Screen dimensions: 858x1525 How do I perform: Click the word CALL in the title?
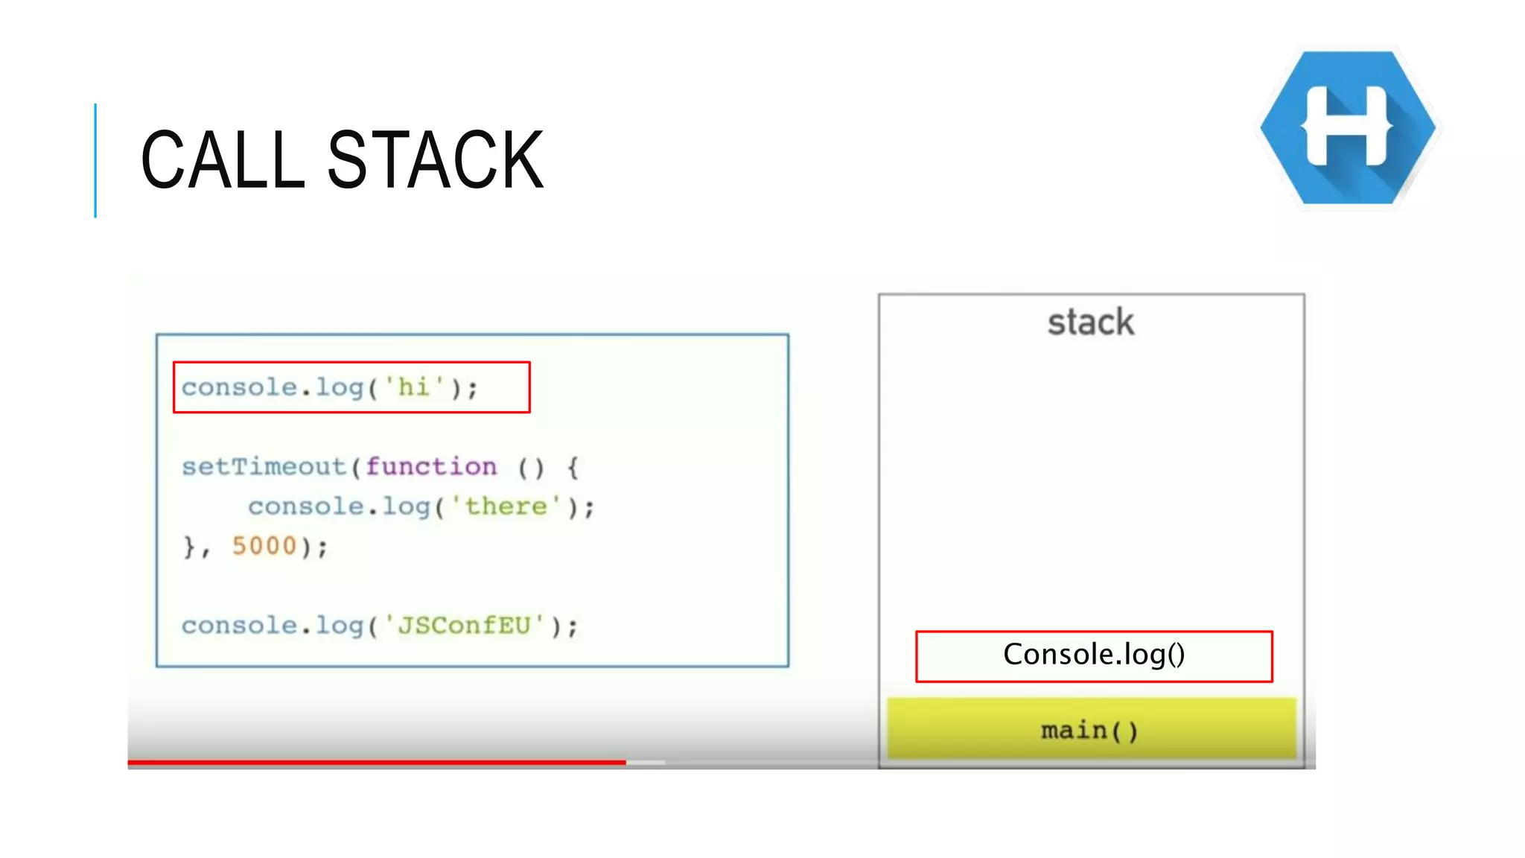click(x=223, y=159)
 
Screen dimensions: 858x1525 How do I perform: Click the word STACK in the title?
click(x=436, y=159)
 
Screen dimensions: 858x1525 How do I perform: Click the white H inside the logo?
click(x=1347, y=125)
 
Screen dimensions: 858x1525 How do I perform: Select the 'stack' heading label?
click(x=1091, y=322)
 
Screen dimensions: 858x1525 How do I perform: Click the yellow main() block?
click(x=1091, y=730)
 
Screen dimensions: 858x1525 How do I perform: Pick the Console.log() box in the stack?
click(x=1094, y=655)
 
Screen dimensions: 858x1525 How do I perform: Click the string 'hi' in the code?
click(x=414, y=387)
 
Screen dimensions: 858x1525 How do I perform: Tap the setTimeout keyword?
click(x=264, y=467)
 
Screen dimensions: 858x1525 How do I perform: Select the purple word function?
click(x=431, y=467)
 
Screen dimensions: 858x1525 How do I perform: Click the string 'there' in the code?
click(x=506, y=506)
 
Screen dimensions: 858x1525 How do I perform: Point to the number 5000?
click(x=264, y=546)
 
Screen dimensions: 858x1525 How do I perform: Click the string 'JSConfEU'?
click(x=464, y=625)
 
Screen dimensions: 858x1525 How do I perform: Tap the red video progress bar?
click(x=376, y=762)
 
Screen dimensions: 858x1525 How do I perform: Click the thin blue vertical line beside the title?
click(x=95, y=160)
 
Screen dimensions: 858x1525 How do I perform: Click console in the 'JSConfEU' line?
click(x=239, y=625)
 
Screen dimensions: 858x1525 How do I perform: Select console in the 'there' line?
click(x=306, y=506)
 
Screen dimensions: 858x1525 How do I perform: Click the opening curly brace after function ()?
click(x=573, y=468)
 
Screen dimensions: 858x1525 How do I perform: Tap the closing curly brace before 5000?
click(x=189, y=547)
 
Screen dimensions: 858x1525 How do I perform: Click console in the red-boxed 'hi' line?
click(x=239, y=387)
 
